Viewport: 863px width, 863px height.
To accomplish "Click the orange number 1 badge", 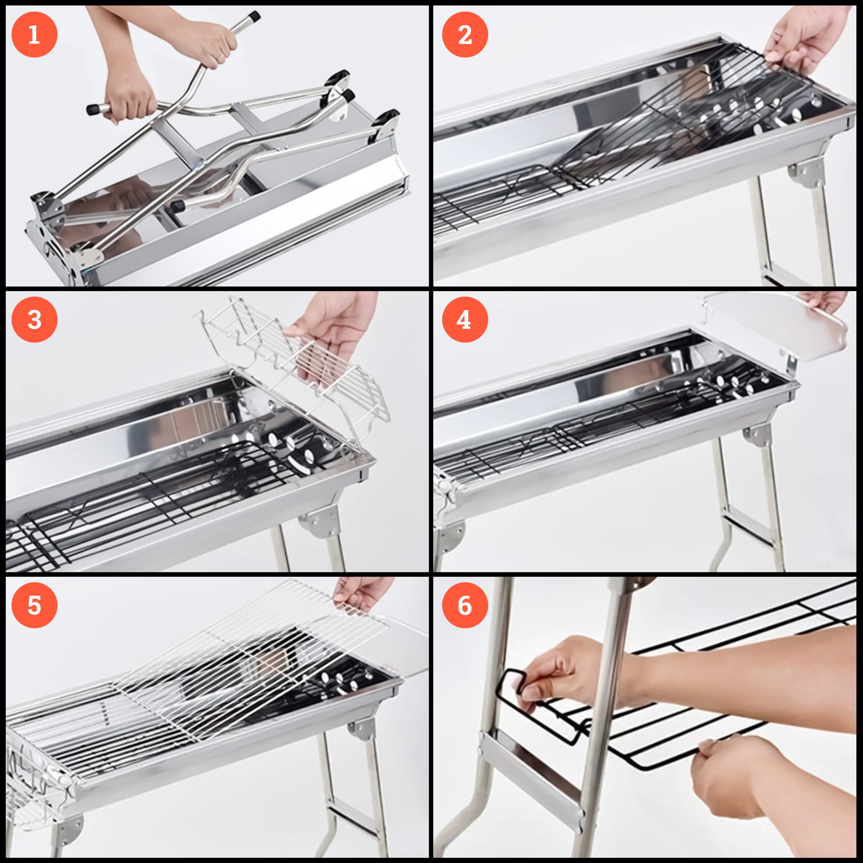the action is click(x=34, y=34).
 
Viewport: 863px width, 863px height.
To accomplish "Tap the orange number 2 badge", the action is click(x=465, y=34).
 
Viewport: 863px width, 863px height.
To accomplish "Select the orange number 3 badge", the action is click(x=34, y=320).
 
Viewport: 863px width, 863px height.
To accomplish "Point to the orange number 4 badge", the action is click(x=465, y=320).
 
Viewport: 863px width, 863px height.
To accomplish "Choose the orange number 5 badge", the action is click(x=34, y=605).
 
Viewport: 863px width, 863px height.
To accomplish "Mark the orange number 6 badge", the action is click(x=465, y=605).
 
